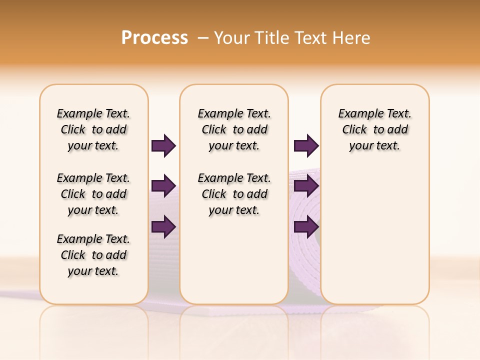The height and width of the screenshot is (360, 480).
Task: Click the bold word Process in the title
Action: pos(154,37)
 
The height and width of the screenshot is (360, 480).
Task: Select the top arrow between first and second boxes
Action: pos(163,146)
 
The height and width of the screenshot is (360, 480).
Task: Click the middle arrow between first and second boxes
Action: pos(163,186)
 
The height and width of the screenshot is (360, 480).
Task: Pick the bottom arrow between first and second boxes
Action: pos(163,226)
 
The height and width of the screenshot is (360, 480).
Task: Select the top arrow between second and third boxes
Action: pos(306,146)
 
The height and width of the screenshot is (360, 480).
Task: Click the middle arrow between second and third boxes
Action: pos(306,186)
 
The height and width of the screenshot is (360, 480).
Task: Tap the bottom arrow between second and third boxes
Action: pos(306,226)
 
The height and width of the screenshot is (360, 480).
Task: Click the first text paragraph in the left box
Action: pos(93,129)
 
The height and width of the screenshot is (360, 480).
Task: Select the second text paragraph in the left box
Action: pos(93,194)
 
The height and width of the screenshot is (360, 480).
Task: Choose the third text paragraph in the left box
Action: pos(93,255)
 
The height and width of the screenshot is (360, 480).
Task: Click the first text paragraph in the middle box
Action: pos(234,129)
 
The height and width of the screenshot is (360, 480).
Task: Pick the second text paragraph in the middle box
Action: pos(234,194)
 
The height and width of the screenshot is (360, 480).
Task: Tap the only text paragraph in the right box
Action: pos(374,129)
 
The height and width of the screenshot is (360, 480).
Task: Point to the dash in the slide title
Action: pos(203,38)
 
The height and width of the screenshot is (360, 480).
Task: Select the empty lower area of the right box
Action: pos(374,240)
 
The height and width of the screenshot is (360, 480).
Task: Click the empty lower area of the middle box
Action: pos(234,260)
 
